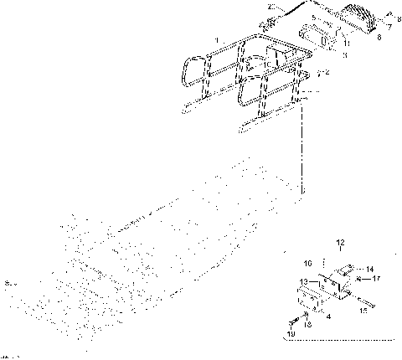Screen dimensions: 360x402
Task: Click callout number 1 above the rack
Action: [218, 40]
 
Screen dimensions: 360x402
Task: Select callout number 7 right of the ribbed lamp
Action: [387, 26]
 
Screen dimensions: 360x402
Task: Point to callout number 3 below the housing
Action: [344, 54]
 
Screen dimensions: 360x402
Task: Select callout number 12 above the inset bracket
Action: [340, 243]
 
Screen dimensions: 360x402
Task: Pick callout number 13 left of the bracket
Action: [305, 281]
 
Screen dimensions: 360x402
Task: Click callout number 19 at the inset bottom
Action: [292, 335]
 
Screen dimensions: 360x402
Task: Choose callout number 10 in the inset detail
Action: [307, 261]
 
